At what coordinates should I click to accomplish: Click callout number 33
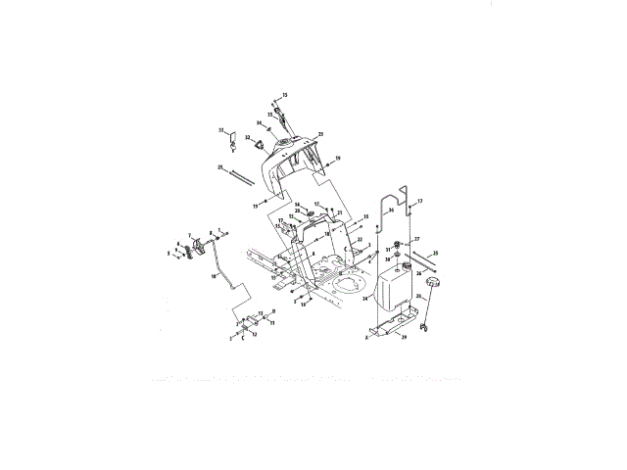(x=221, y=131)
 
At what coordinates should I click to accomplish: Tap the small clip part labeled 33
(x=231, y=144)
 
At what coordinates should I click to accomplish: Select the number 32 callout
(x=248, y=138)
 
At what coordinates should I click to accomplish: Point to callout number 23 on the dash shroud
(x=320, y=134)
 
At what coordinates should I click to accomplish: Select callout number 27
(x=416, y=239)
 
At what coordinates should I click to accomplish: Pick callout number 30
(x=388, y=260)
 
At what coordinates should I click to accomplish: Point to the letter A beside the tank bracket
(x=367, y=335)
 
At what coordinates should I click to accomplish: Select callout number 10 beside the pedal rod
(x=212, y=277)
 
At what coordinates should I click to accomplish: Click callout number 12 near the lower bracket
(x=254, y=334)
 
